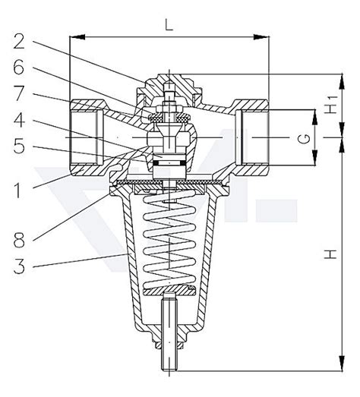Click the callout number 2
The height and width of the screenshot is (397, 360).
click(19, 41)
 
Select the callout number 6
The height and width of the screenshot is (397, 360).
click(19, 67)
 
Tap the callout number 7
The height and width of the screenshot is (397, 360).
click(19, 93)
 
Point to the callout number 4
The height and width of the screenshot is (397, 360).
click(19, 120)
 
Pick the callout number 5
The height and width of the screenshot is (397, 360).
click(19, 146)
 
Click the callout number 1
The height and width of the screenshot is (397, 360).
click(17, 191)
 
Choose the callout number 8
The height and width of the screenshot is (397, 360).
click(19, 240)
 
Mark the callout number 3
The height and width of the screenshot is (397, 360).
click(19, 266)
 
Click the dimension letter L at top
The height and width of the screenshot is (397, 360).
click(169, 25)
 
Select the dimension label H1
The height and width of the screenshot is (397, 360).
click(331, 105)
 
